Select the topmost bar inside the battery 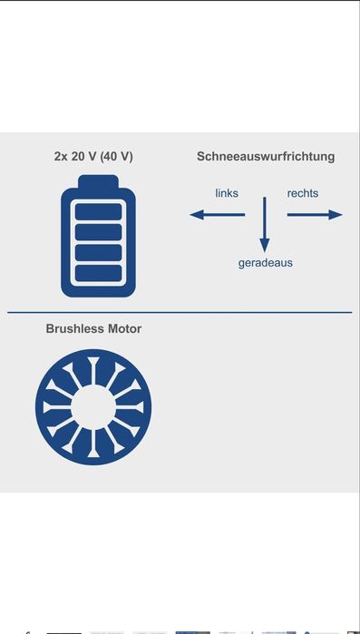pyautogui.click(x=99, y=211)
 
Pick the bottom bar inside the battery pyautogui.click(x=99, y=272)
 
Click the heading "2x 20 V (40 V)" pyautogui.click(x=93, y=156)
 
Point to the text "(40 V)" pyautogui.click(x=115, y=156)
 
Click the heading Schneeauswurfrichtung pyautogui.click(x=266, y=156)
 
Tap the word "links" pyautogui.click(x=227, y=193)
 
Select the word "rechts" pyautogui.click(x=303, y=193)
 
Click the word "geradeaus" pyautogui.click(x=265, y=263)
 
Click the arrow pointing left pyautogui.click(x=217, y=215)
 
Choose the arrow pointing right pyautogui.click(x=315, y=215)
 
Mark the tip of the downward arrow pyautogui.click(x=265, y=249)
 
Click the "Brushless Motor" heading pyautogui.click(x=93, y=328)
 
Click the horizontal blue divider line pyautogui.click(x=180, y=312)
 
